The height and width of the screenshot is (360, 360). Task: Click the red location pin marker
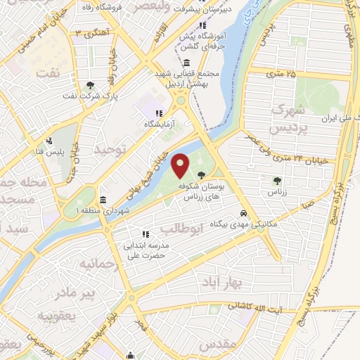[181, 165]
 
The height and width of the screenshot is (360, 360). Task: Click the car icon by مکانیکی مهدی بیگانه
[243, 213]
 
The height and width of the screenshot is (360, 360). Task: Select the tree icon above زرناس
[275, 181]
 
